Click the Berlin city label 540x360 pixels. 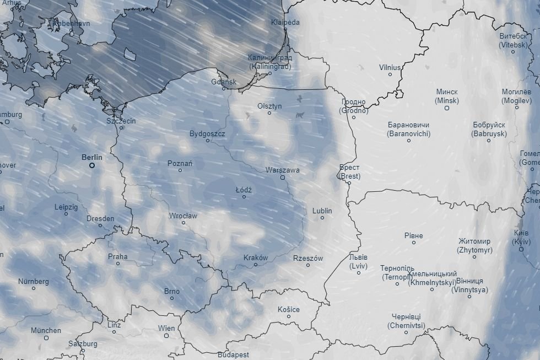pos(92,157)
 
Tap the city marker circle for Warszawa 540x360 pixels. pos(283,178)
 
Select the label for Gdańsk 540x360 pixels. pos(224,82)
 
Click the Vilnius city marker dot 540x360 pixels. pos(390,74)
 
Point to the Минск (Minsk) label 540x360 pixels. pos(446,96)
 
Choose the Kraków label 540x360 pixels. pos(256,257)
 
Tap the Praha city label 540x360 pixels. pos(117,256)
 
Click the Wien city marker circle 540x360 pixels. pos(166,335)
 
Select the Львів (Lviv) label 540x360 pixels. pos(358,261)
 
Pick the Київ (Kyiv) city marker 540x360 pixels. pos(521,249)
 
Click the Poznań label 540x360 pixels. pos(180,163)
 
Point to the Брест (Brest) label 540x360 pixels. pos(349,171)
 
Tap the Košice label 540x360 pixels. pos(289,309)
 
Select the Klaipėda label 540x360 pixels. pos(285,23)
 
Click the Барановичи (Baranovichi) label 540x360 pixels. pos(409,129)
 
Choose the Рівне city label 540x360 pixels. pos(414,235)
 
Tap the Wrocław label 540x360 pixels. pos(183,216)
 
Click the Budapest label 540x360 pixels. pos(233,354)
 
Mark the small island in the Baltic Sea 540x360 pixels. pos(130,54)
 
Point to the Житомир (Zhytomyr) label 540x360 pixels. pos(474,245)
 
